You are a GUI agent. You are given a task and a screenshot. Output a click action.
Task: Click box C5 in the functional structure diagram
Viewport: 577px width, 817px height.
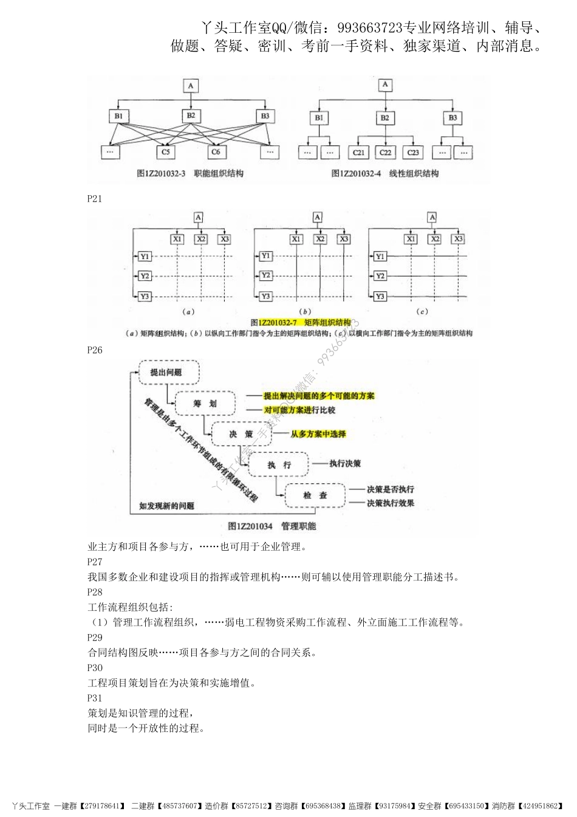pos(166,151)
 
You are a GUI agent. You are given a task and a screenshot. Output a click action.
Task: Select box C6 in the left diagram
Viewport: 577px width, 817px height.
pos(216,151)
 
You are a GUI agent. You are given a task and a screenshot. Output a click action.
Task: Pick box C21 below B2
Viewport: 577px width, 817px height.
pos(358,152)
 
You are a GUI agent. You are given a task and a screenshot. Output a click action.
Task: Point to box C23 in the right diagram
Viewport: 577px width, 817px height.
pos(412,152)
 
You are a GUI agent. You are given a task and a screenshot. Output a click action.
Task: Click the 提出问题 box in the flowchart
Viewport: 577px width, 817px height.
pos(166,373)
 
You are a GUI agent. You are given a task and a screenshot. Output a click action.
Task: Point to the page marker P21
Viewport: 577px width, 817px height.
pos(95,199)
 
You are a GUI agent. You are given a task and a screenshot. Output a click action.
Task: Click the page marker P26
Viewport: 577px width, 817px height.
pos(95,350)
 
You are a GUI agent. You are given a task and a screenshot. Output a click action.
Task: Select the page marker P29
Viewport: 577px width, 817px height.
pos(95,638)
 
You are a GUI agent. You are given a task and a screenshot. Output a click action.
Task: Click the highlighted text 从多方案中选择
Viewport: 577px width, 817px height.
pos(318,434)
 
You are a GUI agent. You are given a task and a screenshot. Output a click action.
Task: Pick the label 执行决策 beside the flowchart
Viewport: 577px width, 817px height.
pos(345,464)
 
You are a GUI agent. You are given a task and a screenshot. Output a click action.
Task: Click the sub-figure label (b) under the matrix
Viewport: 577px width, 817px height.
pos(307,311)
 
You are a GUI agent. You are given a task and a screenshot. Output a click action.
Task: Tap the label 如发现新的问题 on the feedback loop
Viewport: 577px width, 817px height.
pos(166,506)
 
